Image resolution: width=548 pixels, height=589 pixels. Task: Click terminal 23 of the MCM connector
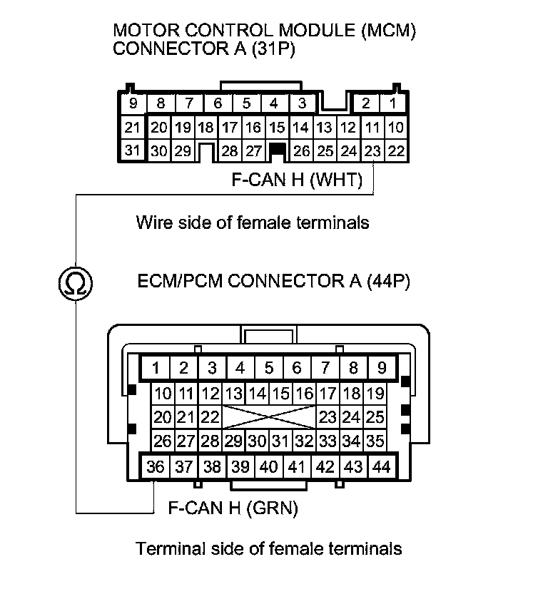(x=372, y=150)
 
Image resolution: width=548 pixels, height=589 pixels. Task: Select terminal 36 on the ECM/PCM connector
(x=155, y=467)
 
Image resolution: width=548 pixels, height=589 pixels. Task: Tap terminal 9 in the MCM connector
(x=132, y=104)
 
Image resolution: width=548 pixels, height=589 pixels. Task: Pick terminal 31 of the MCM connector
(x=132, y=150)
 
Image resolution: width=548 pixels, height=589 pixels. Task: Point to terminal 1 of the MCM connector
(x=392, y=104)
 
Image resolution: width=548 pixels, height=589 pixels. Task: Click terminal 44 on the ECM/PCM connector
(x=382, y=467)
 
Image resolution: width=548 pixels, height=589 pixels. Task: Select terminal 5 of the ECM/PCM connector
(x=268, y=368)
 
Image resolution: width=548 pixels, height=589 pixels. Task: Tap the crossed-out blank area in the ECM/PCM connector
(x=268, y=417)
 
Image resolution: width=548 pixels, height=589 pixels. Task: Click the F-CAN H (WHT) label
(x=297, y=180)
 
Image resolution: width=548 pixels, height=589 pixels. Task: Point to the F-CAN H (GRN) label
(x=233, y=508)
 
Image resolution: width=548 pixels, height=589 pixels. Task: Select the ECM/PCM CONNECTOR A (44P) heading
(x=274, y=281)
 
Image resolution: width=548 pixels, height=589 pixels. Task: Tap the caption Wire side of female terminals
(x=253, y=222)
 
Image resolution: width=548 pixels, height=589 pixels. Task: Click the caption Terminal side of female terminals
(x=268, y=548)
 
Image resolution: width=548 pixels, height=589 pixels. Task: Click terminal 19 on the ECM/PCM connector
(x=375, y=393)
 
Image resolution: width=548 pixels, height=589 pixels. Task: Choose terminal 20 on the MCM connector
(x=159, y=128)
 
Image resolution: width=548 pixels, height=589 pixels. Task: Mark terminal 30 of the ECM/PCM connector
(x=257, y=441)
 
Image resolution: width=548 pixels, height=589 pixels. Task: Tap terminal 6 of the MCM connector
(x=217, y=104)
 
